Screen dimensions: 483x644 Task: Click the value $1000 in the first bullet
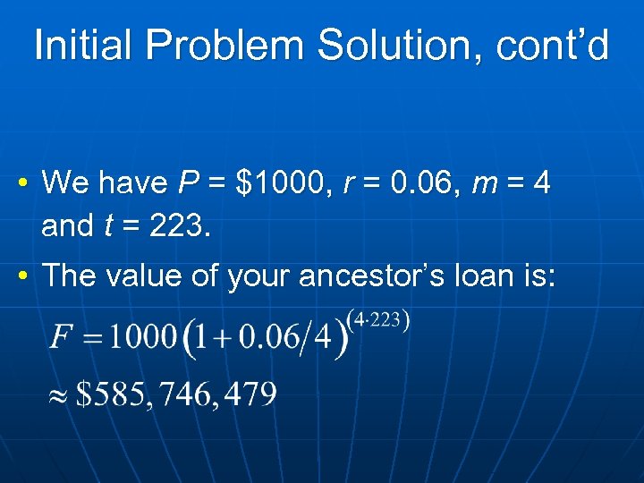click(x=276, y=183)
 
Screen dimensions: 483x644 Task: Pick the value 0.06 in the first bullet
click(x=414, y=183)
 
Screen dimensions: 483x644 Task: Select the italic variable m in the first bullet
click(x=484, y=184)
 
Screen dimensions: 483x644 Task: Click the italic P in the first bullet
click(x=188, y=183)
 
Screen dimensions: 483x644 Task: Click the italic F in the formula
click(x=61, y=339)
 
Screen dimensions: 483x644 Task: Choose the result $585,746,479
click(x=176, y=394)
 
